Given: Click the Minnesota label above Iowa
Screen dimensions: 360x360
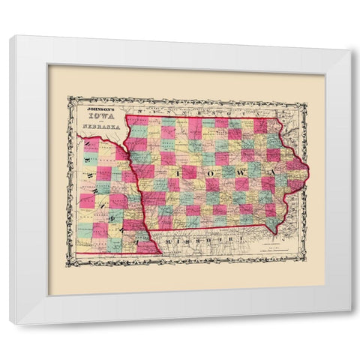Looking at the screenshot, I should coord(202,109).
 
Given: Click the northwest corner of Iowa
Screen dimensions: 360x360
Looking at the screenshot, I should coord(125,115).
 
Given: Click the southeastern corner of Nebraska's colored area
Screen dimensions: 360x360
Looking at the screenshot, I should coord(158,253).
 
